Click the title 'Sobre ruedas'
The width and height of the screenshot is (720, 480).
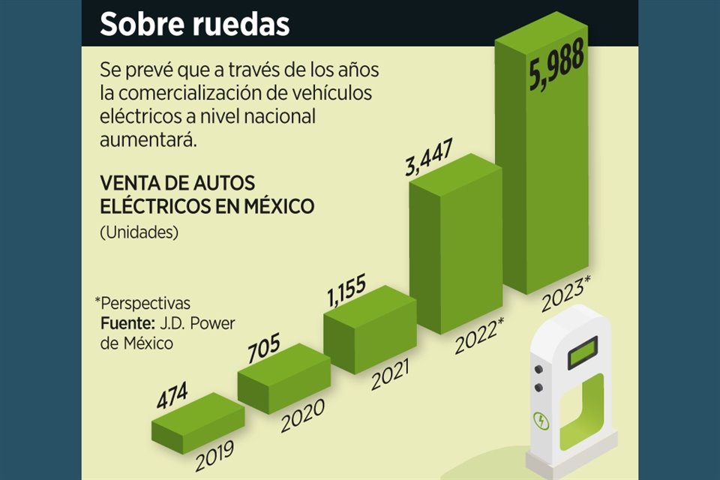click(194, 24)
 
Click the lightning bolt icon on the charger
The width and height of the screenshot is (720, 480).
click(541, 421)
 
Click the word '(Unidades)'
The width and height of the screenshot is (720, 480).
click(138, 232)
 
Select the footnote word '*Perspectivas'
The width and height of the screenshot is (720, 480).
click(142, 304)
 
